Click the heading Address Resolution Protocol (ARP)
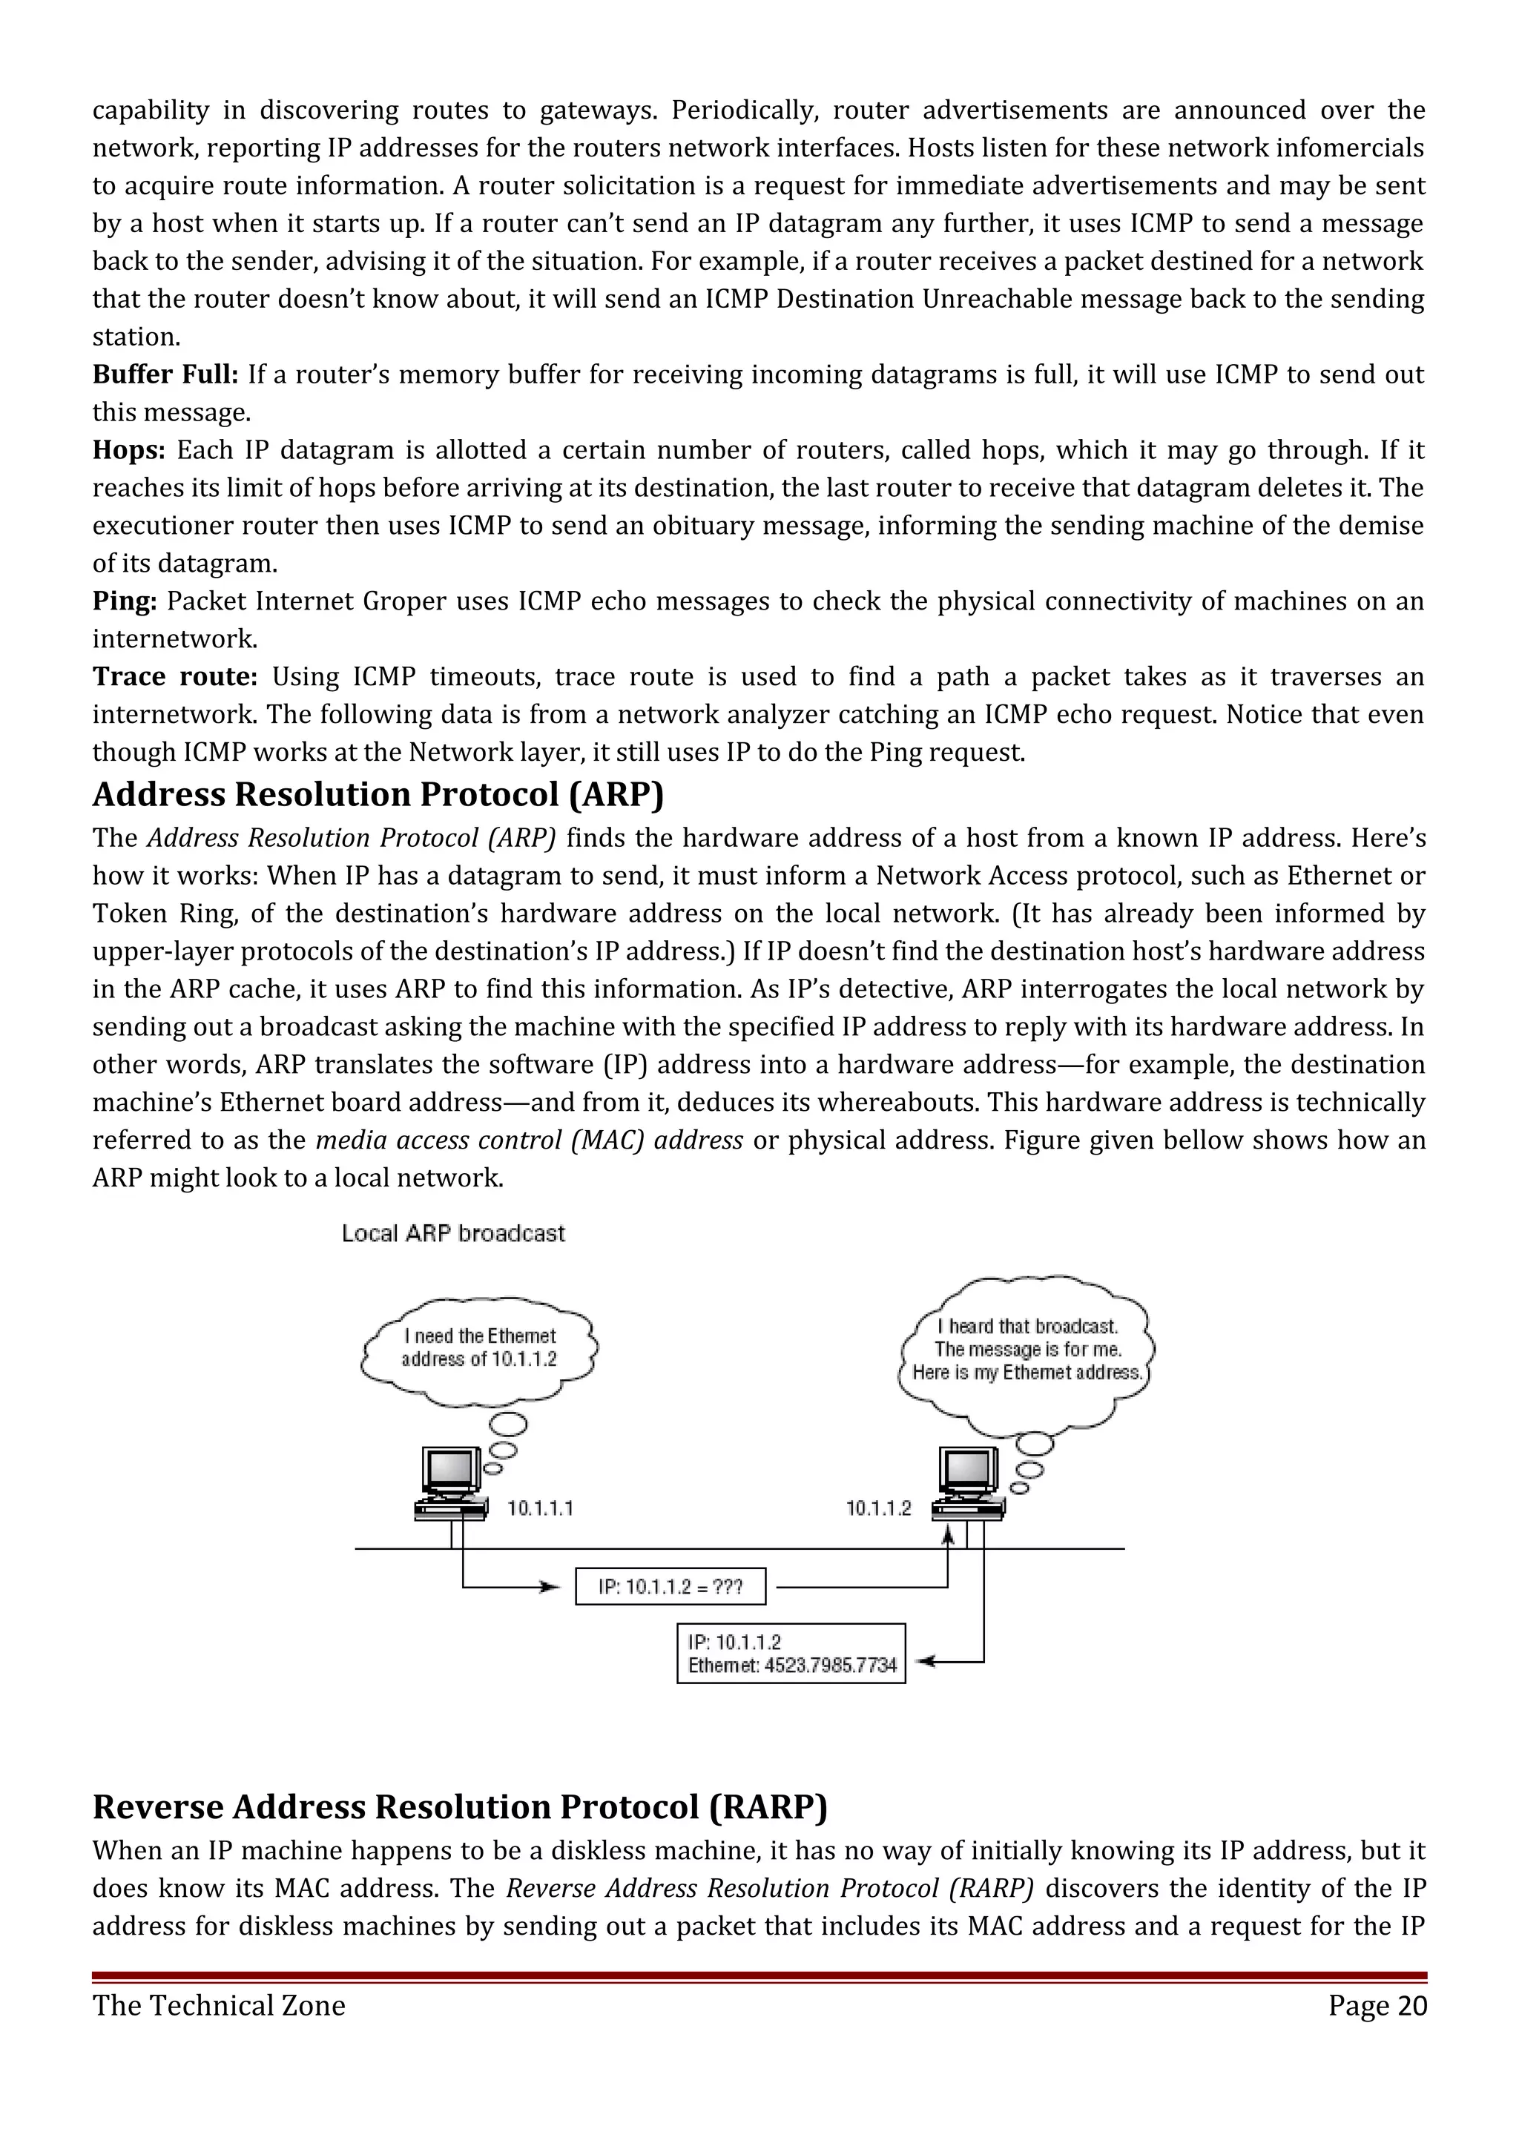(x=378, y=795)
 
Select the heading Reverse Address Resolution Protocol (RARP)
(x=460, y=1806)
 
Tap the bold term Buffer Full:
(x=165, y=375)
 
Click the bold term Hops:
(x=128, y=451)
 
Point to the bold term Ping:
(x=125, y=602)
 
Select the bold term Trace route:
(x=174, y=678)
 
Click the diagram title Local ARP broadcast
(x=453, y=1234)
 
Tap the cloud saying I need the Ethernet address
(x=479, y=1349)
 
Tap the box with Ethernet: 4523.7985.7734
(x=791, y=1654)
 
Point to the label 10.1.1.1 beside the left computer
(x=540, y=1509)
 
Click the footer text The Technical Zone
(x=219, y=2006)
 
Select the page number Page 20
(x=1377, y=2006)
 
